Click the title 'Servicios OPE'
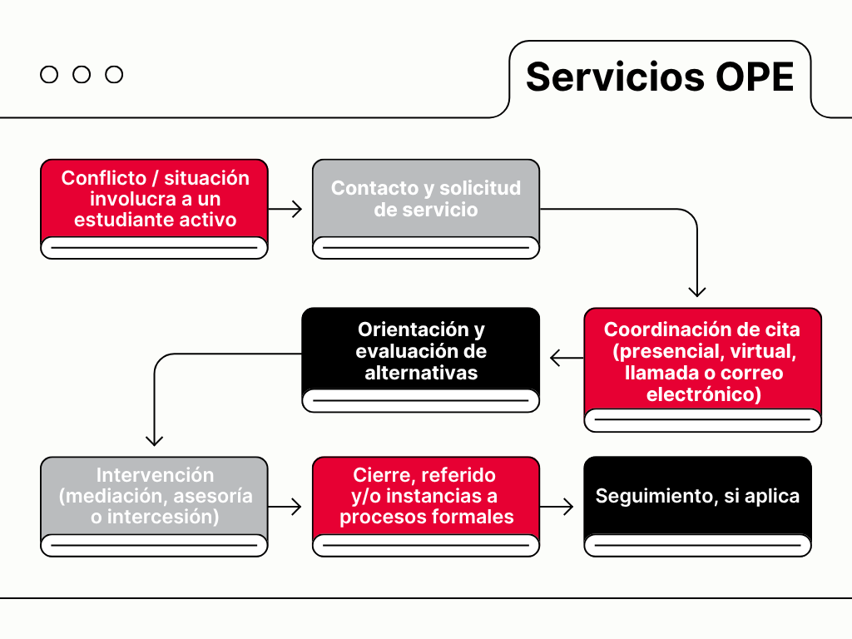[x=659, y=77]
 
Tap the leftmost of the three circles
[x=49, y=75]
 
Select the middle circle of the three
[x=82, y=75]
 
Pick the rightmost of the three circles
[x=114, y=75]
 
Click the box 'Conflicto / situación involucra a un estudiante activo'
[x=155, y=200]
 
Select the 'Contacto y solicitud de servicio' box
[x=426, y=199]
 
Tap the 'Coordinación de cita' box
[x=703, y=362]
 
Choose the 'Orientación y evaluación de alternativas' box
[x=421, y=351]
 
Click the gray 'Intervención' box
[x=155, y=497]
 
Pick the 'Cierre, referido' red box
[x=426, y=497]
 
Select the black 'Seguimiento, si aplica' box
[x=697, y=497]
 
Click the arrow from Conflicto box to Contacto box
[x=285, y=209]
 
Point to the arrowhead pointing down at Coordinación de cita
[x=697, y=291]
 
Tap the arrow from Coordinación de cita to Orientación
[x=567, y=359]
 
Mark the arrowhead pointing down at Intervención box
[x=155, y=440]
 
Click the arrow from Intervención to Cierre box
[x=285, y=506]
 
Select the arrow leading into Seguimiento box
[x=557, y=506]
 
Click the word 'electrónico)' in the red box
[x=704, y=394]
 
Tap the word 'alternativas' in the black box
[x=421, y=373]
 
